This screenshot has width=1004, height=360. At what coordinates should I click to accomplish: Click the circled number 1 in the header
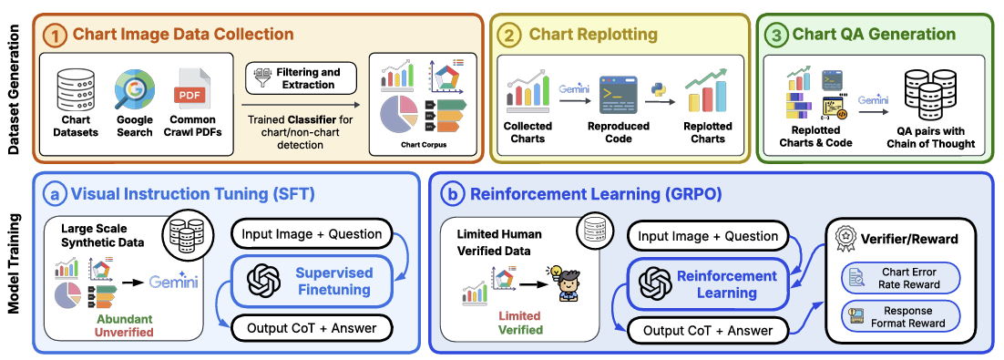(x=56, y=35)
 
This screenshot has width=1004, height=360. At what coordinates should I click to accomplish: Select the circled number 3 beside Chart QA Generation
(x=778, y=35)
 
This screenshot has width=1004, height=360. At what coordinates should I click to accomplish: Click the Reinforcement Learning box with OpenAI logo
(x=710, y=283)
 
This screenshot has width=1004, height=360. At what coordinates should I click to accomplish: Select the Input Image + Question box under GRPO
(x=708, y=236)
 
